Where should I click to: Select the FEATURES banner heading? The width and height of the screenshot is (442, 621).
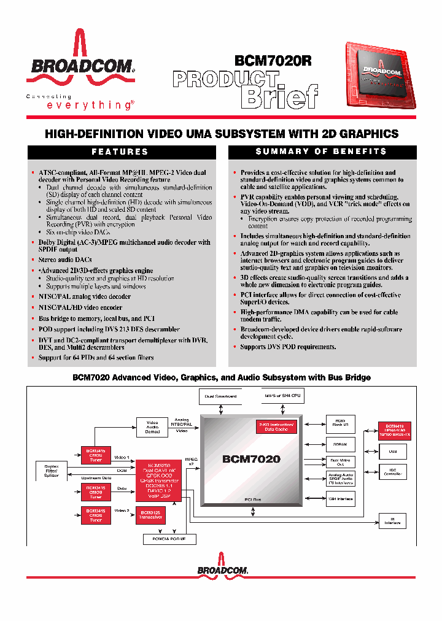(120, 152)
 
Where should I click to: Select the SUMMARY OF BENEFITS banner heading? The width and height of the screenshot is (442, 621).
(321, 152)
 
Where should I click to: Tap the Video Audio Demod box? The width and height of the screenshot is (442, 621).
(152, 426)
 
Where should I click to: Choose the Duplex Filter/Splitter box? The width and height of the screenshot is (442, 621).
(52, 471)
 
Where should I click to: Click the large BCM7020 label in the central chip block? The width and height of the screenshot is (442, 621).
(252, 458)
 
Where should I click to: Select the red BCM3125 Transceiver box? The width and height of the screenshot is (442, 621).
(150, 514)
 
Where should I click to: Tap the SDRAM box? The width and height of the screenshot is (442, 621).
(339, 444)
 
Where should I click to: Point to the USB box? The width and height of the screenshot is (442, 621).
(393, 452)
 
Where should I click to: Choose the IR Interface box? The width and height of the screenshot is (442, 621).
(393, 521)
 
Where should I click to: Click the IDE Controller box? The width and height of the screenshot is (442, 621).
(393, 472)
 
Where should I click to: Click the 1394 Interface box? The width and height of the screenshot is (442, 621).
(339, 499)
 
